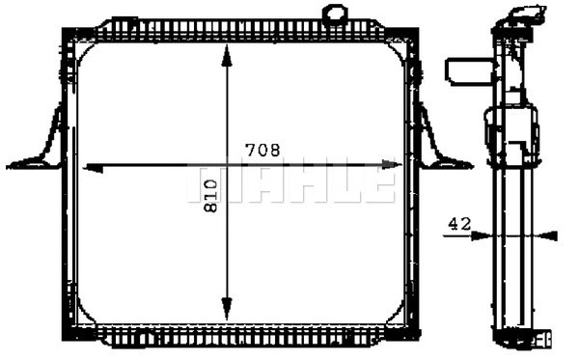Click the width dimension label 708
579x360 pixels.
pos(262,150)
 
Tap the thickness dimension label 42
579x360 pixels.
pos(459,224)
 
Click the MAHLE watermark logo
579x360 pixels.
pos(290,183)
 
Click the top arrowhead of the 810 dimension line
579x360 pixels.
pos(227,55)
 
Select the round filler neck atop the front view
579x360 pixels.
pos(334,15)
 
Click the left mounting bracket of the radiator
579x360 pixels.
pos(41,145)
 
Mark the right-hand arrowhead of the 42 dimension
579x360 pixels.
pos(550,235)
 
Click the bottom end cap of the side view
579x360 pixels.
pos(520,338)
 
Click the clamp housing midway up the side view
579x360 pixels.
pos(511,135)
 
